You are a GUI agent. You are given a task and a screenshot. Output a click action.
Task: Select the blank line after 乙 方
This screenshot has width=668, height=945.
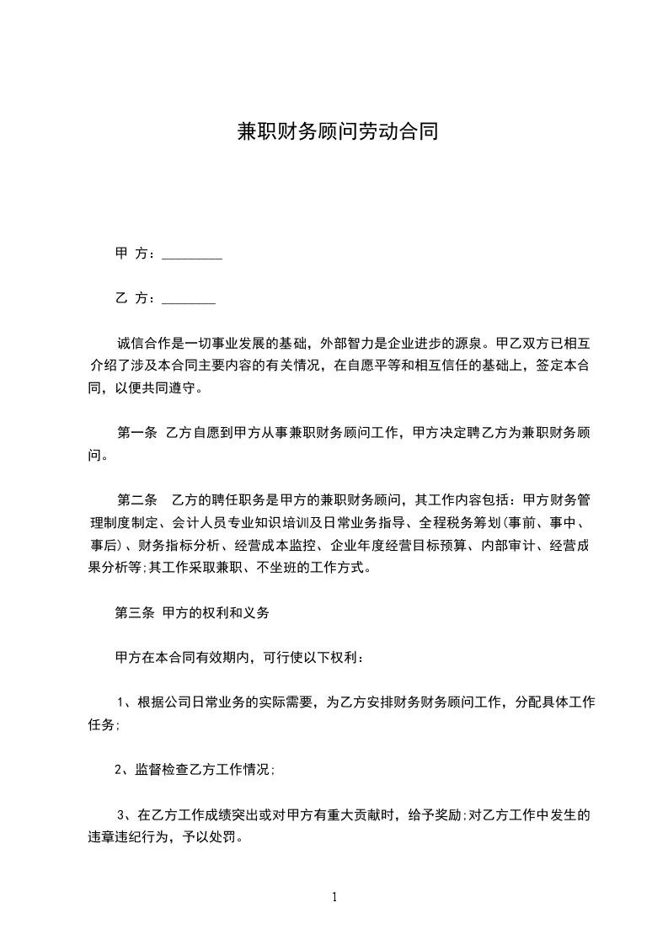pos(188,299)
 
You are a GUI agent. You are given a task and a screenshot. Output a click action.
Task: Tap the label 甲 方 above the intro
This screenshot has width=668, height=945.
pos(131,253)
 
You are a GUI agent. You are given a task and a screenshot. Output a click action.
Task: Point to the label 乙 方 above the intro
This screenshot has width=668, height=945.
pos(131,297)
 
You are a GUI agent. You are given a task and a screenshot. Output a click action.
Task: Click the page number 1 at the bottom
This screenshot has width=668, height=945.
pos(334,897)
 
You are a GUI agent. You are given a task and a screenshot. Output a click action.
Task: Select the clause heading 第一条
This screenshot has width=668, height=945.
pos(136,433)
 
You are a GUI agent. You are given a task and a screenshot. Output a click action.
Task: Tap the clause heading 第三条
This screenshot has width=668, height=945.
pos(134,613)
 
